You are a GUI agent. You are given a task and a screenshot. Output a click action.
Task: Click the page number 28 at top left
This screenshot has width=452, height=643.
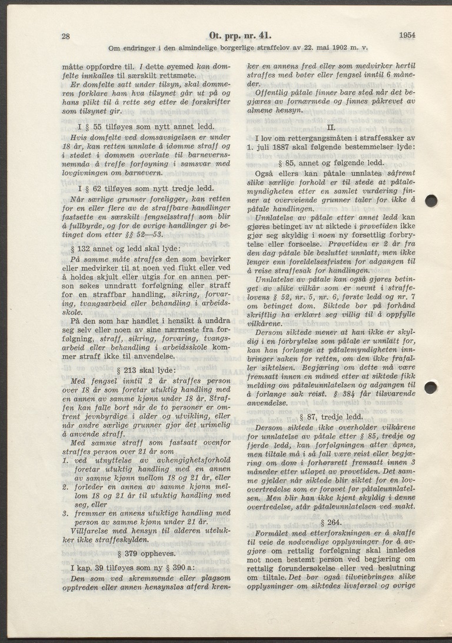tap(66, 36)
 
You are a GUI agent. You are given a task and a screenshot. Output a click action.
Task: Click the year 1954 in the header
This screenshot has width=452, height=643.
tap(406, 35)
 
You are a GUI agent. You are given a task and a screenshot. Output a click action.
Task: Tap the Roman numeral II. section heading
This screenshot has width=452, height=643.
tap(331, 126)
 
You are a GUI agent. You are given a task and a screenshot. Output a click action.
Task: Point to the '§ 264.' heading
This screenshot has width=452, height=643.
tap(331, 521)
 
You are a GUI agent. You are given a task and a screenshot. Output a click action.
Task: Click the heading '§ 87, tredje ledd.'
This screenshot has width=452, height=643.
tap(331, 416)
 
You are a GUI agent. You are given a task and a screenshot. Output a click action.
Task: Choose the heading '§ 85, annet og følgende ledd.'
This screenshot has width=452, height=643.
tap(331, 163)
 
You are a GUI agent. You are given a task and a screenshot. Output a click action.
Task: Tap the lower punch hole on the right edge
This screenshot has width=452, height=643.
tap(431, 387)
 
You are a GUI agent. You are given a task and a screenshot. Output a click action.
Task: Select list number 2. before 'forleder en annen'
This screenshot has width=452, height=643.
tap(66, 486)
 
